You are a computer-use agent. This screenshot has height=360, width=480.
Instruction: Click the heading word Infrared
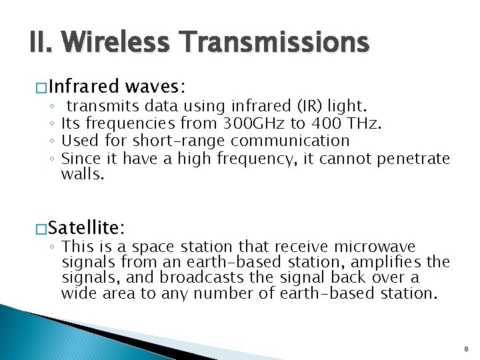pos(83,87)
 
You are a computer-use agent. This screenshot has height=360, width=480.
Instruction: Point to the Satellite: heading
pos(86,228)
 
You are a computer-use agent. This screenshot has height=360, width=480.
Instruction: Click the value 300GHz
pos(245,123)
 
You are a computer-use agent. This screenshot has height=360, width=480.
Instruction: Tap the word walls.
pos(83,175)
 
